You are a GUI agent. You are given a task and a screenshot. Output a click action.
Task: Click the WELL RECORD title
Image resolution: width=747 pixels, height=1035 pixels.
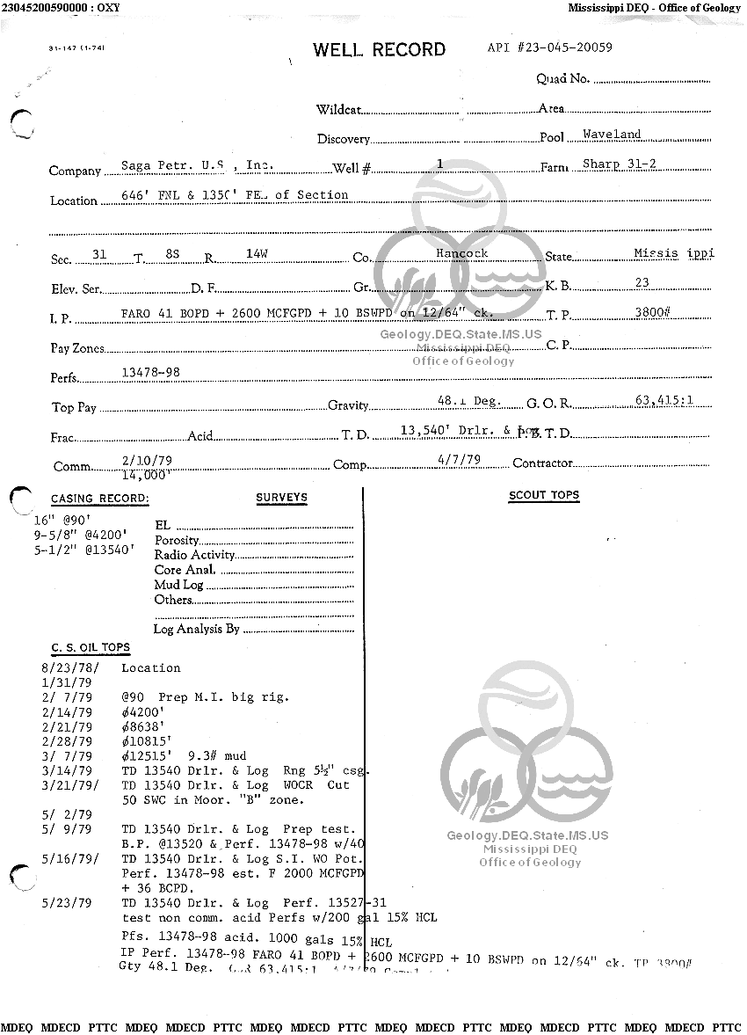pos(379,50)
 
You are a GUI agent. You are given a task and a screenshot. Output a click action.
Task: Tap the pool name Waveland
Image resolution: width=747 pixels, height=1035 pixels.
pos(612,135)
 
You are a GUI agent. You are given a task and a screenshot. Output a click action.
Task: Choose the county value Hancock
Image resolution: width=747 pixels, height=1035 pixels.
pos(461,253)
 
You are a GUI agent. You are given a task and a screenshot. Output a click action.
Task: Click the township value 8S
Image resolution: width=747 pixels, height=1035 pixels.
pos(172,254)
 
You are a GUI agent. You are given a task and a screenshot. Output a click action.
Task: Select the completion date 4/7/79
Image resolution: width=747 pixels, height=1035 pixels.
pos(459,459)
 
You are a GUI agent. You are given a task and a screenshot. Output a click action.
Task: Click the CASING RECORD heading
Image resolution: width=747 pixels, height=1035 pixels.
pos(99,499)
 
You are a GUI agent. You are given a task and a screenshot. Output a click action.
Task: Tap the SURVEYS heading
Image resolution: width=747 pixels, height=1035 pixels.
pos(281,498)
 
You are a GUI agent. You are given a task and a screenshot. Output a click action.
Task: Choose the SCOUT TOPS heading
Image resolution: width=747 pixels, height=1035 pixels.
pos(544,496)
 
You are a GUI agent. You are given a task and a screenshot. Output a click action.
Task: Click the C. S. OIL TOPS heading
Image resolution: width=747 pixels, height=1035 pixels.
pos(91,648)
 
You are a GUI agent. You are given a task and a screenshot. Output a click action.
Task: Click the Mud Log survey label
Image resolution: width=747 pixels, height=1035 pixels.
pos(178,585)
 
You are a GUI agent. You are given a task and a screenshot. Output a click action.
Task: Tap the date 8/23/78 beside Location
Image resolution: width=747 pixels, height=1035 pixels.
pos(69,668)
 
